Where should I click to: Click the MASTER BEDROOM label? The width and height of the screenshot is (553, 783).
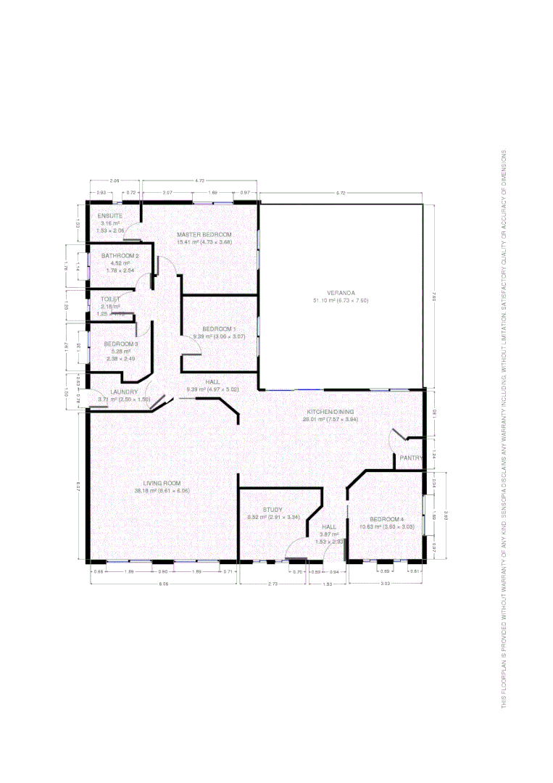coord(204,235)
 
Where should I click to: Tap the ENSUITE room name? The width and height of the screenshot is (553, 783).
coord(110,216)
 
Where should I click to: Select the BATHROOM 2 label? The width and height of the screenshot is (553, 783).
coord(120,256)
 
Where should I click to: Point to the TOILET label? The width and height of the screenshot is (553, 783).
coord(110,299)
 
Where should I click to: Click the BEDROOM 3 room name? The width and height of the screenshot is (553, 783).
coord(120,344)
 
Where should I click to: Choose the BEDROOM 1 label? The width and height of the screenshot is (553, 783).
coord(219,329)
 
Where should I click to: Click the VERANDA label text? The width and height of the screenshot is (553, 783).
coord(341,292)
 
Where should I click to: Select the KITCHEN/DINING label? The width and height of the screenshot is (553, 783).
coord(330,411)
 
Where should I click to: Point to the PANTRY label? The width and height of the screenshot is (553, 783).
coord(410,457)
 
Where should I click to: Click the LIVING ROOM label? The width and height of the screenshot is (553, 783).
coord(162,483)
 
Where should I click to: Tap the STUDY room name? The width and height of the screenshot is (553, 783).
coord(273,510)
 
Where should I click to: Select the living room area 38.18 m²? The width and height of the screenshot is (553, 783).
coord(146,491)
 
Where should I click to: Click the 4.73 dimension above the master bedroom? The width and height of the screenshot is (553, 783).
coord(200,180)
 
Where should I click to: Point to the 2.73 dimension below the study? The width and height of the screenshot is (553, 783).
coord(273,584)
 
